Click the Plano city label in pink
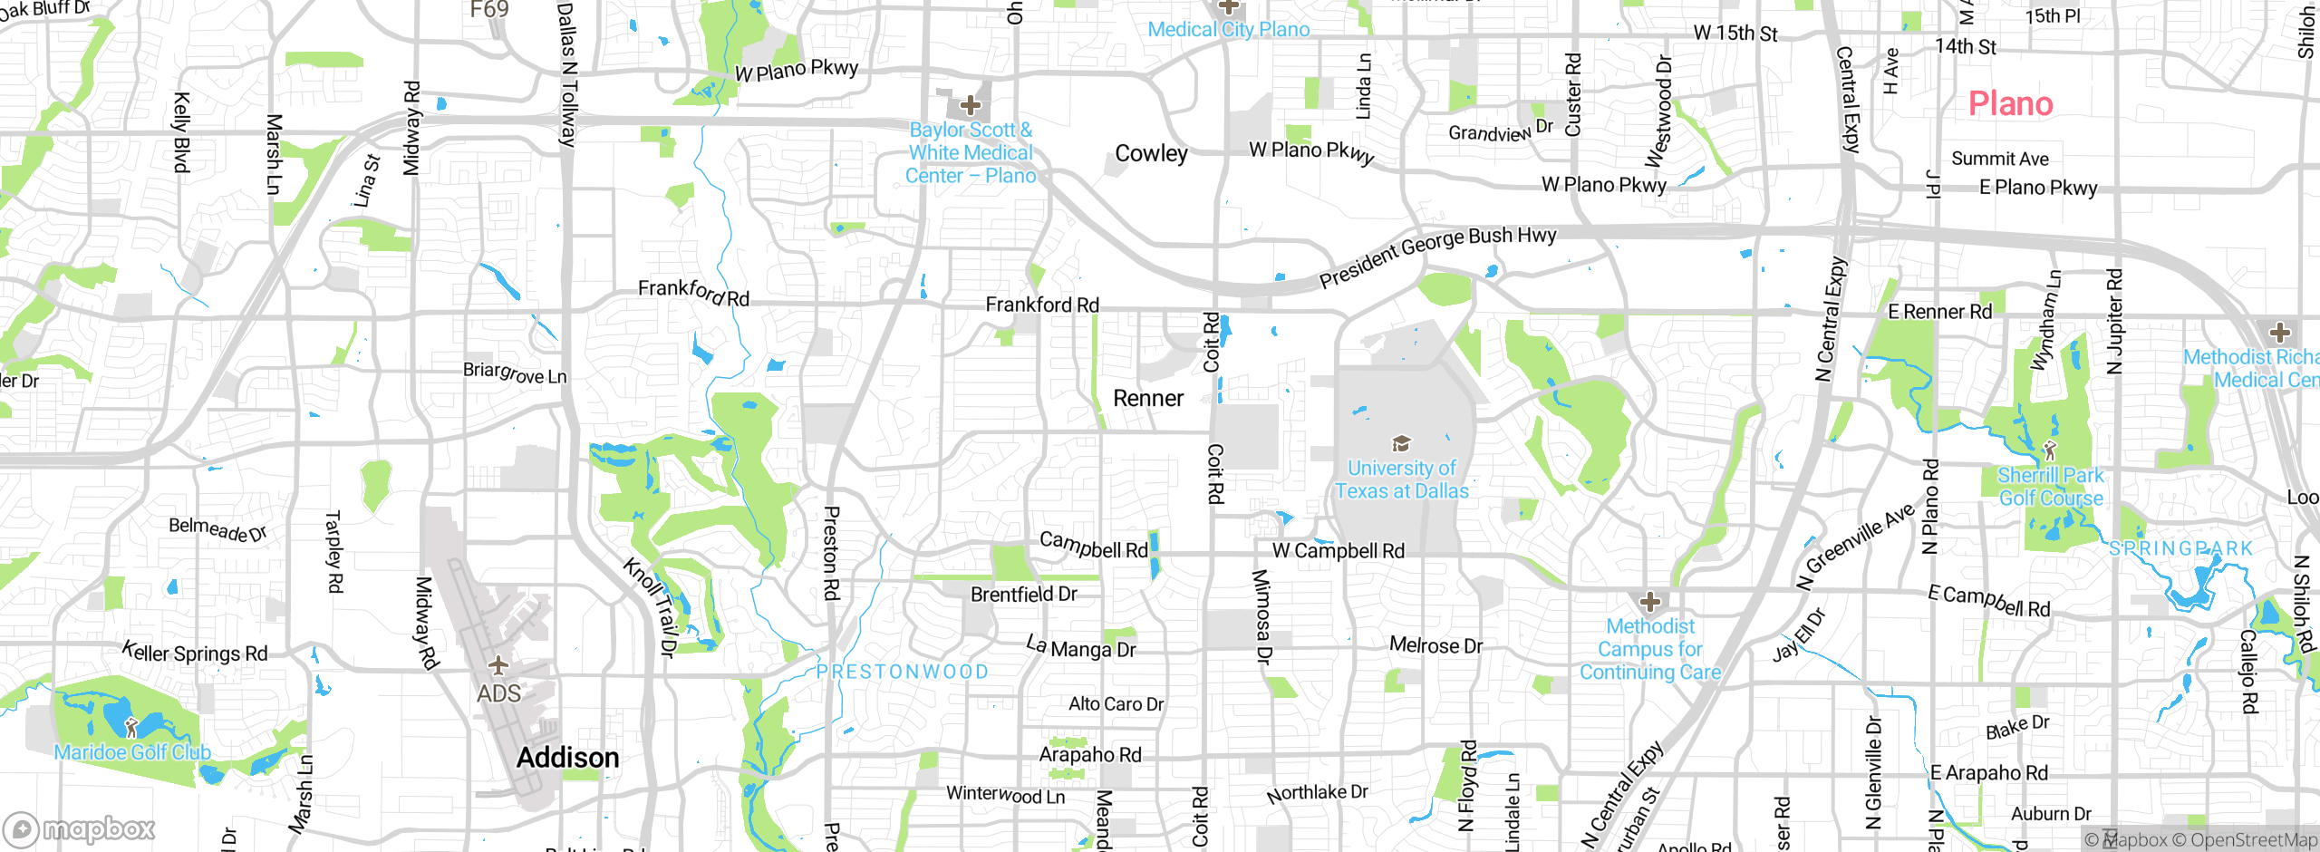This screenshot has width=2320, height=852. pos(2010,104)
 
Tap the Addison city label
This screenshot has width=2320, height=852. pos(567,758)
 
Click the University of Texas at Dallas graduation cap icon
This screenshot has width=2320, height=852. pos(1401,443)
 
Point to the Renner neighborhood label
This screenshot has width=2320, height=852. pos(1148,399)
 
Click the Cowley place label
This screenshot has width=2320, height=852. pos(1151,154)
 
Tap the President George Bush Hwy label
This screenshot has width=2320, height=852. pos(1437,256)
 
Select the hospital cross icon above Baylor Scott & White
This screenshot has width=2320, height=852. pos(971,105)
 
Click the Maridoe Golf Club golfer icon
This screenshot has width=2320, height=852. pos(131,727)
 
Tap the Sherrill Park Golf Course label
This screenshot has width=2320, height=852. pos(2051,487)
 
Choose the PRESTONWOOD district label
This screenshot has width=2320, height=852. pos(902,672)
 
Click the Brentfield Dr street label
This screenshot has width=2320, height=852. pos(1023,595)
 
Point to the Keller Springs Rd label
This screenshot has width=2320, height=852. pos(195,653)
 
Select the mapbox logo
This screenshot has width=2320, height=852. pos(80,828)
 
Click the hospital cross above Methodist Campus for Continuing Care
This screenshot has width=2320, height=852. pos(1650,602)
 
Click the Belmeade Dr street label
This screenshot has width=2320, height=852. pos(217,528)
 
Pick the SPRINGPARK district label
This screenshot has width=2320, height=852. pos(2180,549)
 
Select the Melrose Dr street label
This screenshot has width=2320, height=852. pos(1435,645)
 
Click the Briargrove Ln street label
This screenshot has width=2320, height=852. pos(515,373)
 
